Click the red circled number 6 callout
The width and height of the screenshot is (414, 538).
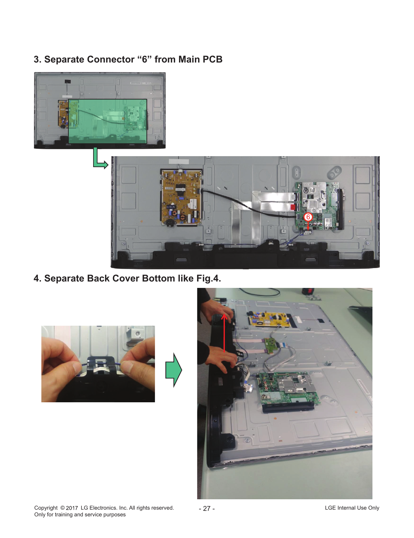tap(308, 217)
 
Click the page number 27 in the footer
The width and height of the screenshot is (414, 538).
tap(207, 508)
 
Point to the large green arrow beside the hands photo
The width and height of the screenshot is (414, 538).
tap(174, 370)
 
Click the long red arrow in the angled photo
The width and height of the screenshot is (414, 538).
tap(224, 333)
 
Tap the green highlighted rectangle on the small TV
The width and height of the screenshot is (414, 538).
tap(108, 121)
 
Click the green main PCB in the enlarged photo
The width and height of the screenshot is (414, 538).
tap(318, 206)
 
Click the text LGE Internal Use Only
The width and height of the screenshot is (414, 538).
tap(352, 508)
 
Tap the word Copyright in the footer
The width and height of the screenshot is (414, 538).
tap(46, 508)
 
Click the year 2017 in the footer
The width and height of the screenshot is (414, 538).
tap(72, 508)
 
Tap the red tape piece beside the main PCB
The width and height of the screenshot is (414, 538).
tap(293, 207)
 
